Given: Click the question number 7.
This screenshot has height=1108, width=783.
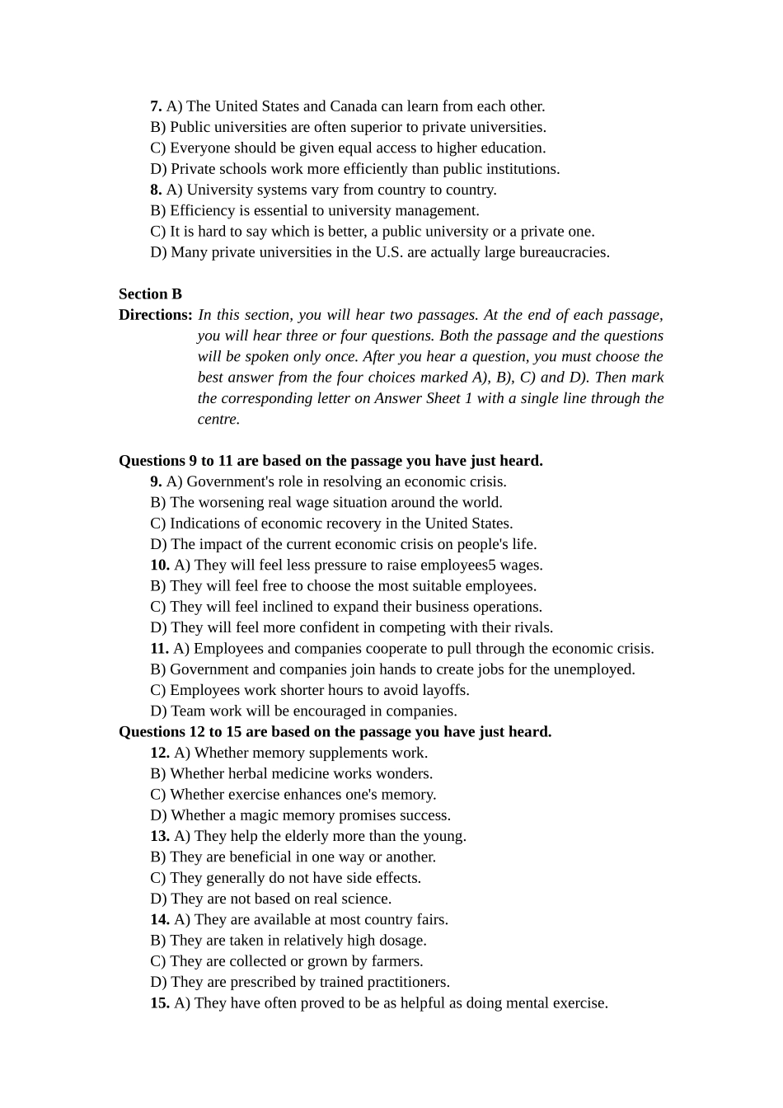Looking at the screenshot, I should (156, 106).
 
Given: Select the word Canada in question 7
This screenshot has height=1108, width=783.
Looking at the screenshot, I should (354, 106).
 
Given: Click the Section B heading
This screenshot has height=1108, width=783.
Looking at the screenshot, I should (150, 294).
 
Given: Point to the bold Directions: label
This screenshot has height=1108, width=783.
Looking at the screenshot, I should (156, 315).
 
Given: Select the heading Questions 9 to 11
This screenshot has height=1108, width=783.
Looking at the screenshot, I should (331, 461).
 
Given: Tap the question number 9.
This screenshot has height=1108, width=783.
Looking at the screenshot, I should (156, 481).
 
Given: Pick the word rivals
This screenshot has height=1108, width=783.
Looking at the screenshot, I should (532, 628).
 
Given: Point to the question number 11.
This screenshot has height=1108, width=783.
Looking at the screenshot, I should (159, 649).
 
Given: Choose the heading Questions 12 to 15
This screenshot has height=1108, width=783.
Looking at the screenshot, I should (335, 732).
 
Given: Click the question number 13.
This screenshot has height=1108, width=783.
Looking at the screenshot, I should (160, 836).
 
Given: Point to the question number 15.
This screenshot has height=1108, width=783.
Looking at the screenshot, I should (160, 1003).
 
